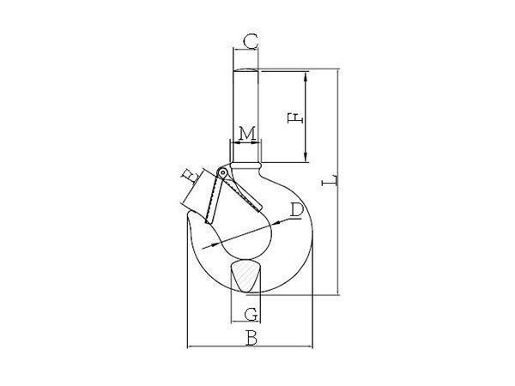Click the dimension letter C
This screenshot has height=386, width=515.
click(x=251, y=42)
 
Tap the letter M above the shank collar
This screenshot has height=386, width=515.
click(x=247, y=134)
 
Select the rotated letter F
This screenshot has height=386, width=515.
click(x=294, y=118)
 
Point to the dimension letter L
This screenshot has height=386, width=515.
click(x=330, y=181)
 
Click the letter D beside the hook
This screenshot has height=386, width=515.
click(x=297, y=210)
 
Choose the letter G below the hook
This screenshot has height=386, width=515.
click(x=251, y=314)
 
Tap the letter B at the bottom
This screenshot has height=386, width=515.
click(x=251, y=338)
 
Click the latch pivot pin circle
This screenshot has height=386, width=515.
click(x=223, y=172)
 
